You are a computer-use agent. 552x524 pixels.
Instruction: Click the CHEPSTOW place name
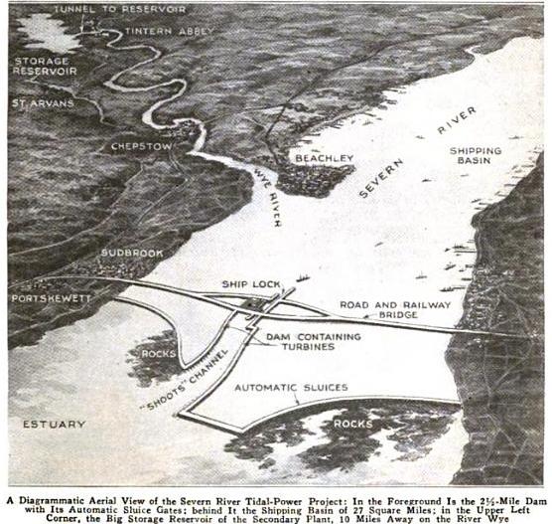coord(145,147)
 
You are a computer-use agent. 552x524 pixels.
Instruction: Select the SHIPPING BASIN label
coord(478,156)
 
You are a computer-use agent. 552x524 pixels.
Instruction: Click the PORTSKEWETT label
coord(53,297)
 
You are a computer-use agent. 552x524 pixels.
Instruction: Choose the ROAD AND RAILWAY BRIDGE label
coord(395,310)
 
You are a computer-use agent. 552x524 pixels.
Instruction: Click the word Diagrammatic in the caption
coord(70,485)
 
